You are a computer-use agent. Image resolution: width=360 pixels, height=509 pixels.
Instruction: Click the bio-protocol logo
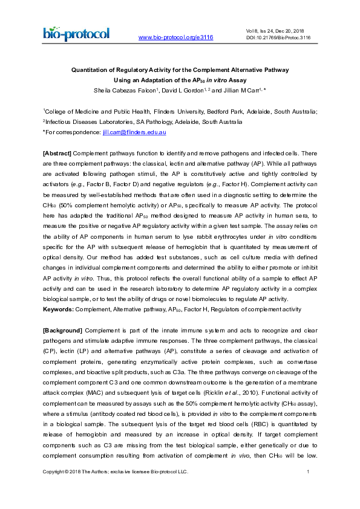[76, 33]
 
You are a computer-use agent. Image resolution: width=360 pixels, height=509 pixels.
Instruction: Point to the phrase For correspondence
[68, 132]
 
